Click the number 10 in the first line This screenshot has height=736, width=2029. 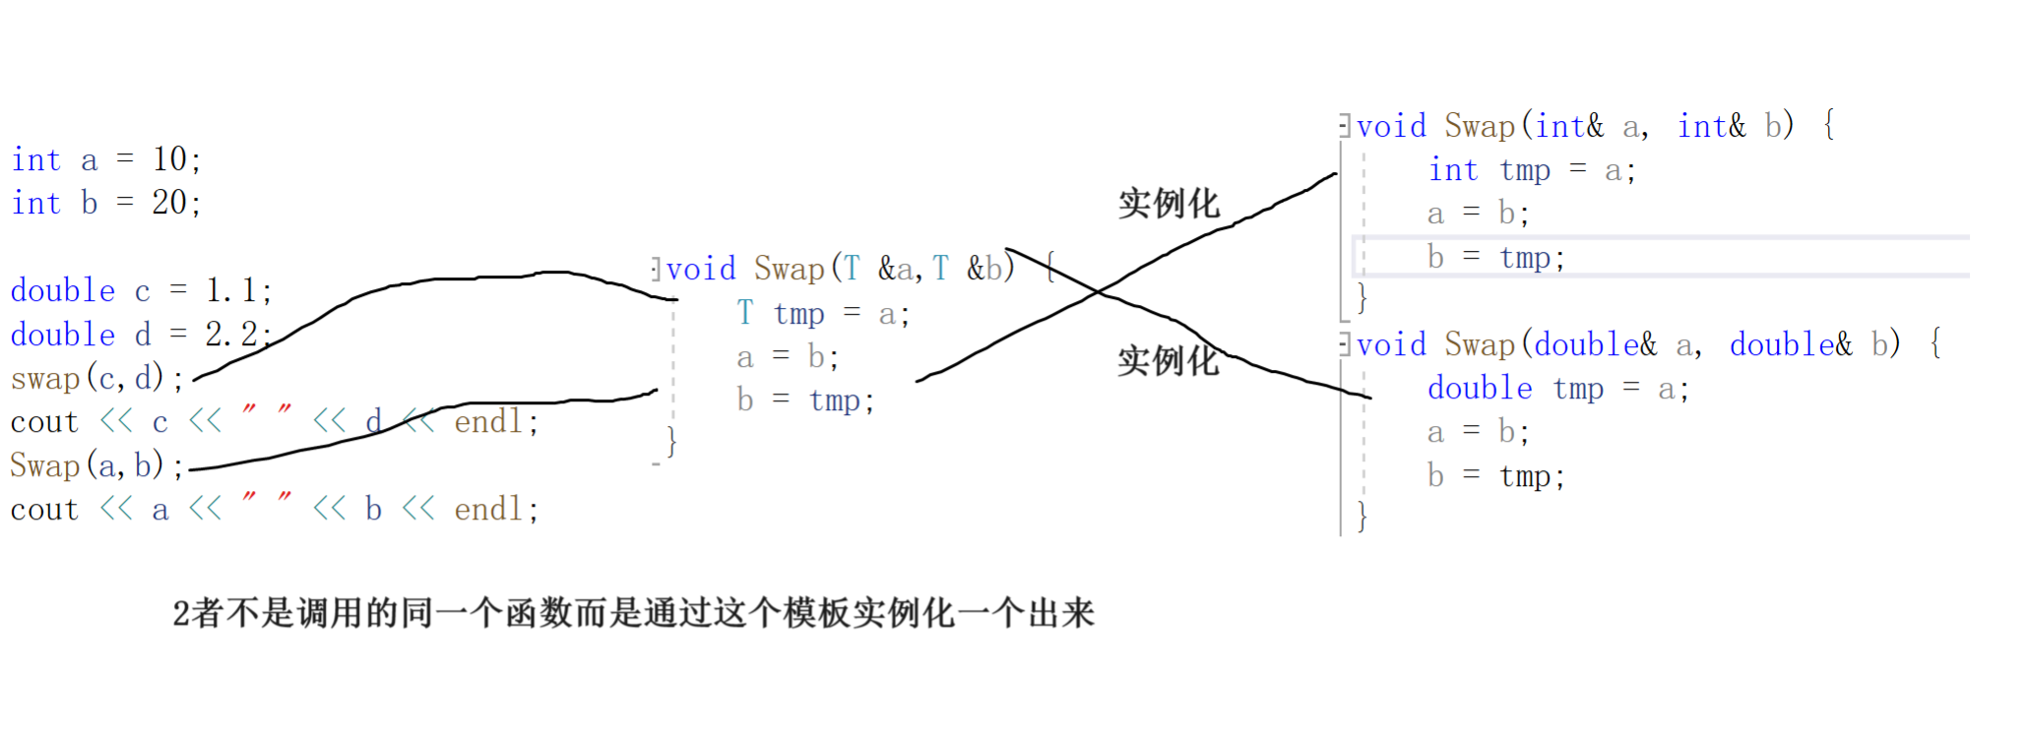pos(169,159)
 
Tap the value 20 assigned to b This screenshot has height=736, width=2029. pos(169,203)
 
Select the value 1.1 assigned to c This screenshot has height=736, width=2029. pos(230,290)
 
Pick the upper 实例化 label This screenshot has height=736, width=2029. pos(1169,204)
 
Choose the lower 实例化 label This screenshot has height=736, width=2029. pos(1169,361)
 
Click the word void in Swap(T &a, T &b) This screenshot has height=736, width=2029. pos(701,269)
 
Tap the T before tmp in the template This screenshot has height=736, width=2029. pos(745,313)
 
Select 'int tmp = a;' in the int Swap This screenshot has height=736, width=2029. pos(1531,170)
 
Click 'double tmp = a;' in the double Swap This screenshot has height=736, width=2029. pos(1557,389)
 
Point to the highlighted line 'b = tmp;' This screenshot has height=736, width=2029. pos(1495,258)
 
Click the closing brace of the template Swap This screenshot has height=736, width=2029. pos(671,441)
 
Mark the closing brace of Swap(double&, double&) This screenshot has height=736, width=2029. pos(1362,516)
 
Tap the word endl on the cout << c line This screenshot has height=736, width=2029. pos(488,422)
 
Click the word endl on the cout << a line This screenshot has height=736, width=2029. pos(488,509)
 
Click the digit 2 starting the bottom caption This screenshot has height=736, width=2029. pos(181,614)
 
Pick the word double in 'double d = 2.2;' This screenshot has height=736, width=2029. pos(63,335)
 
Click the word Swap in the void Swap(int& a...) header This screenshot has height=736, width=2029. pos(1479,126)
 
